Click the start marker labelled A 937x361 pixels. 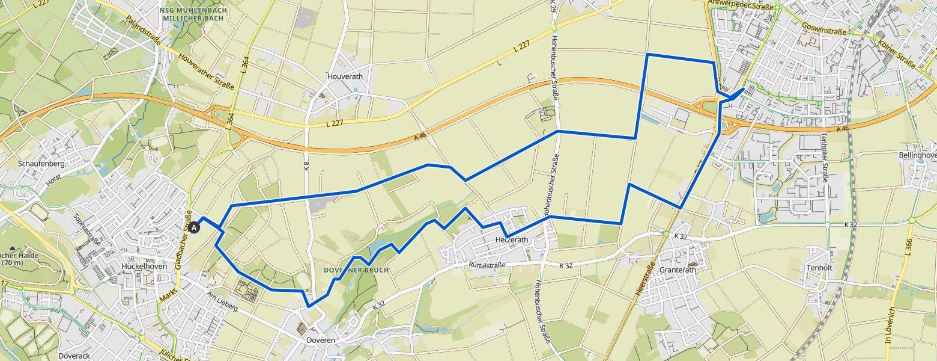193,227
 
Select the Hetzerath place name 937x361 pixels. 511,239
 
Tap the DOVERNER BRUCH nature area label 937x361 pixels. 356,270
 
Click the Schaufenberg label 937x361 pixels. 41,164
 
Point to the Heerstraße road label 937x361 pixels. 644,278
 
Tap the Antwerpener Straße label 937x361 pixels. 742,3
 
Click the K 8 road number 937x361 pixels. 307,166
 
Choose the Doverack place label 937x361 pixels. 74,356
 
